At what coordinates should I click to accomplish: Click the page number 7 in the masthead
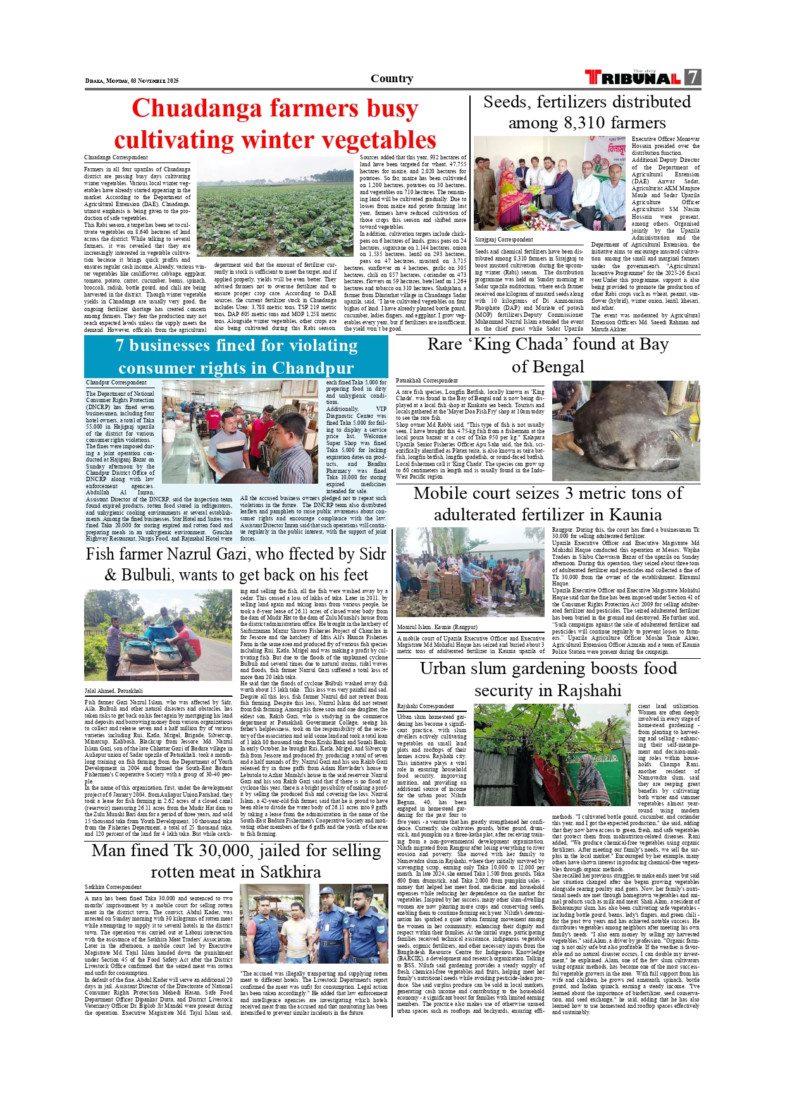(x=693, y=78)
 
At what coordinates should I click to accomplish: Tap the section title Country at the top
(x=392, y=78)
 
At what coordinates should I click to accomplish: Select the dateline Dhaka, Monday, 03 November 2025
(x=132, y=81)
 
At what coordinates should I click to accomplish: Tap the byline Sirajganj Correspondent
(x=504, y=240)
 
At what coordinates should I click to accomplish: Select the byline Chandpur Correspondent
(x=116, y=383)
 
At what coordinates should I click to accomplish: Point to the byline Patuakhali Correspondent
(x=426, y=381)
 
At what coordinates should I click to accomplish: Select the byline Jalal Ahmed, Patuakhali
(x=114, y=691)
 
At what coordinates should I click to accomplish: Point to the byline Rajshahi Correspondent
(x=425, y=706)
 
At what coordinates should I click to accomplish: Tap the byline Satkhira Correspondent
(x=113, y=887)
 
